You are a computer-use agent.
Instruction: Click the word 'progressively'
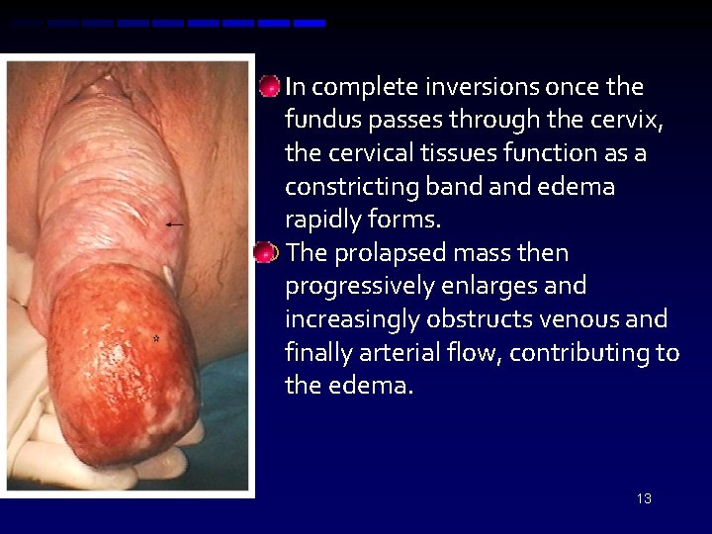coord(351,287)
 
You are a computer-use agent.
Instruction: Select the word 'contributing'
coord(573,352)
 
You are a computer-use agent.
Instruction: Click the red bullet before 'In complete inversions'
coord(268,87)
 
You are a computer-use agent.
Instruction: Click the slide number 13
coord(644,498)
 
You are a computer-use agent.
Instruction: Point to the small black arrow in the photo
coord(174,225)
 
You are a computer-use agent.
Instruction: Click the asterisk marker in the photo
coord(155,339)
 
